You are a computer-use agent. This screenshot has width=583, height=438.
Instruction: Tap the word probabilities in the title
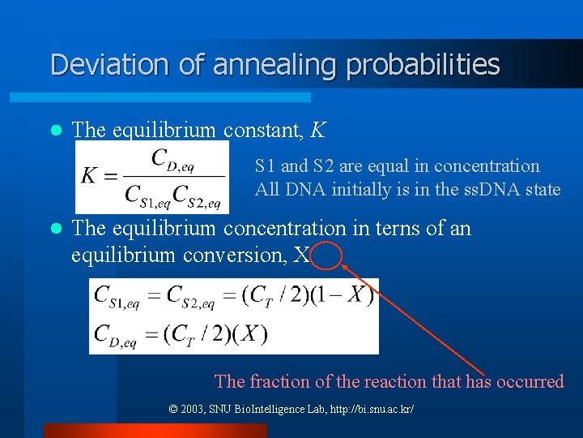[x=423, y=65]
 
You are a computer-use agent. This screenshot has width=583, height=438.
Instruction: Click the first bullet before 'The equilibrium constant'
[x=56, y=130]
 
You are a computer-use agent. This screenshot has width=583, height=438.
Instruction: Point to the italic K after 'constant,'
[x=318, y=130]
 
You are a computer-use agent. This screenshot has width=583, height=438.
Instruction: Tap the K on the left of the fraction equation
[x=91, y=176]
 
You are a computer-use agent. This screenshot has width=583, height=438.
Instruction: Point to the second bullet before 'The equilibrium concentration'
[x=56, y=229]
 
